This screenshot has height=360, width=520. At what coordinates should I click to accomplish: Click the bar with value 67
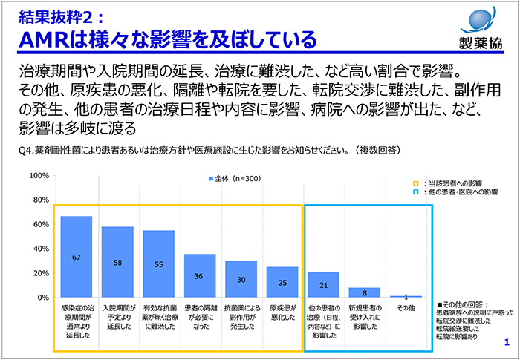pyautogui.click(x=77, y=257)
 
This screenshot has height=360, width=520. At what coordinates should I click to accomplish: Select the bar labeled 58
pyautogui.click(x=117, y=262)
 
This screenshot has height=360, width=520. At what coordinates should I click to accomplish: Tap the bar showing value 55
pyautogui.click(x=159, y=264)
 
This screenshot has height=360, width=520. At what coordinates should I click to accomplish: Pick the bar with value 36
pyautogui.click(x=200, y=275)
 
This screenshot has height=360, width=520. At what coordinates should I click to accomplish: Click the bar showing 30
pyautogui.click(x=241, y=279)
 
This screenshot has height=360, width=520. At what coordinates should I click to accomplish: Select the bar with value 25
pyautogui.click(x=282, y=282)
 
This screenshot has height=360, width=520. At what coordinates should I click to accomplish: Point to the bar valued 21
pyautogui.click(x=323, y=284)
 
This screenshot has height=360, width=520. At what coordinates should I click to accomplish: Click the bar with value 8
pyautogui.click(x=364, y=292)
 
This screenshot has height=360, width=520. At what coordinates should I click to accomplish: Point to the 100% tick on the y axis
pyautogui.click(x=39, y=176)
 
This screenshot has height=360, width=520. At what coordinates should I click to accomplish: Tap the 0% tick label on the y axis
pyautogui.click(x=43, y=298)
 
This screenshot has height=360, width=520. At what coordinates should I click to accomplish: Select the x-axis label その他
pyautogui.click(x=405, y=308)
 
